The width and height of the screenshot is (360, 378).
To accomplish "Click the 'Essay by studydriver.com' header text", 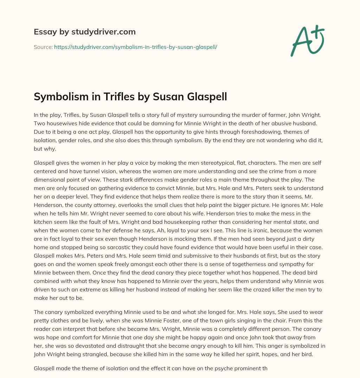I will click(84, 32).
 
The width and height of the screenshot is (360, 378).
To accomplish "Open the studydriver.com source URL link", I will click(135, 47).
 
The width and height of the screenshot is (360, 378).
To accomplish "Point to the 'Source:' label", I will click(43, 47).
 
